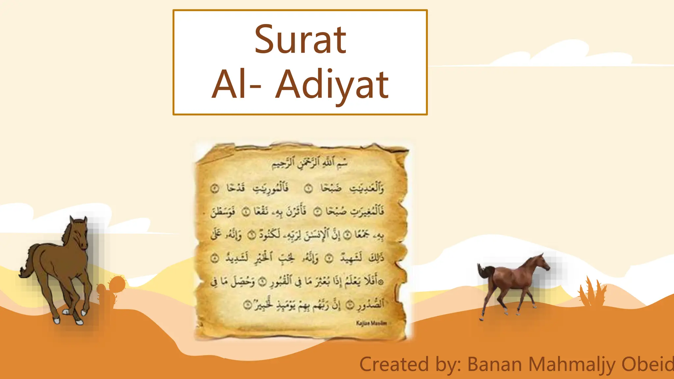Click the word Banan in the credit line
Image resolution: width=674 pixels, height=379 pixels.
pyautogui.click(x=495, y=365)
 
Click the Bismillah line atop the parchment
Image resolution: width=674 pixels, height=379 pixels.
pyautogui.click(x=309, y=163)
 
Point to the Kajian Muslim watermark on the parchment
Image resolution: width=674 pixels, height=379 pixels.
pyautogui.click(x=371, y=323)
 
